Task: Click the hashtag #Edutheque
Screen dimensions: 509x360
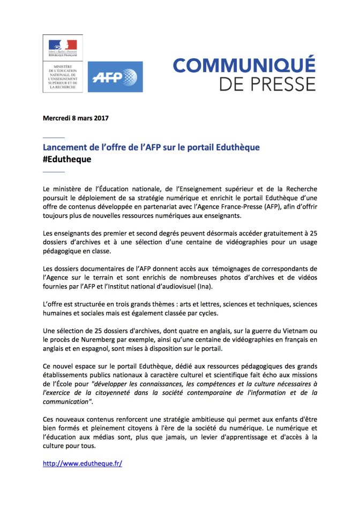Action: pos(67,159)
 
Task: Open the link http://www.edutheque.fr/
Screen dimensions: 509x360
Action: pos(82,464)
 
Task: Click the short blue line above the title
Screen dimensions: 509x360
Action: pos(54,138)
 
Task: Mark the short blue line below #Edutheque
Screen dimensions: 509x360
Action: pos(54,172)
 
